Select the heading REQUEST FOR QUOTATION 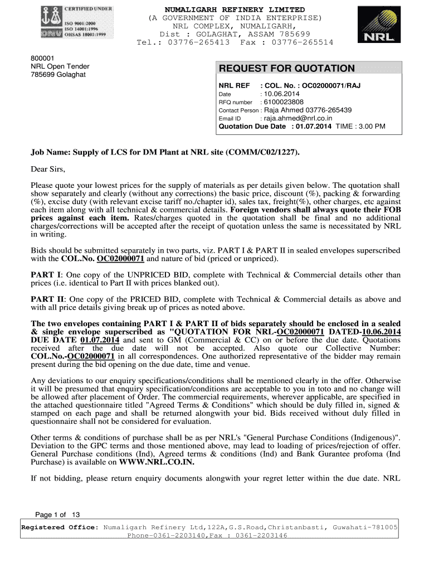coord(286,69)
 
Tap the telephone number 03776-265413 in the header coord(199,42)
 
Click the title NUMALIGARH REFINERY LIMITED coord(235,10)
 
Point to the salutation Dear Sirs coord(48,170)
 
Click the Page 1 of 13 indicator coord(58,515)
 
